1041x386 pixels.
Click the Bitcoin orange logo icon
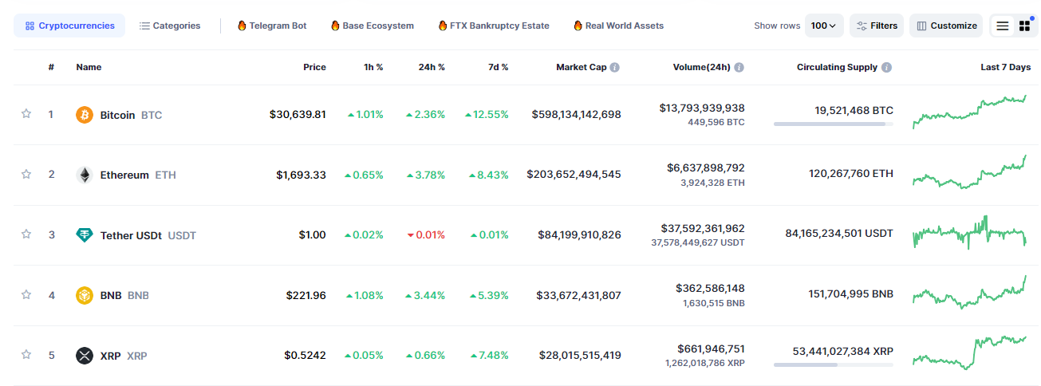(85, 115)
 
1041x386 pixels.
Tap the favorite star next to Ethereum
(26, 174)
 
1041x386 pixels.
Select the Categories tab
(169, 26)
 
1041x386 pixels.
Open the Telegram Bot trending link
(272, 26)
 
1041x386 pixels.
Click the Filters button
(877, 26)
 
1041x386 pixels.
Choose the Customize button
(946, 26)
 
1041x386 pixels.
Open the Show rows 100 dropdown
(824, 26)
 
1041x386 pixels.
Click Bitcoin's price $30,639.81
(298, 115)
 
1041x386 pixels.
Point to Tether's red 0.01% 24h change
(426, 235)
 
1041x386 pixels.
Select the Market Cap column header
(582, 67)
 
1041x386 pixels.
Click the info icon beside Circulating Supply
(887, 68)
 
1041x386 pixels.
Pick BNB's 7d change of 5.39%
(489, 296)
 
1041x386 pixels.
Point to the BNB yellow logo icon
(85, 295)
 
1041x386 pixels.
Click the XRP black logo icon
(85, 356)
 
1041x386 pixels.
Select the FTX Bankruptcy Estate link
(494, 26)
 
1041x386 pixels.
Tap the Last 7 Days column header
(1005, 67)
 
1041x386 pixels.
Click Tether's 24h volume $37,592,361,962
(703, 229)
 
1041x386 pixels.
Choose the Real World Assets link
(618, 26)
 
